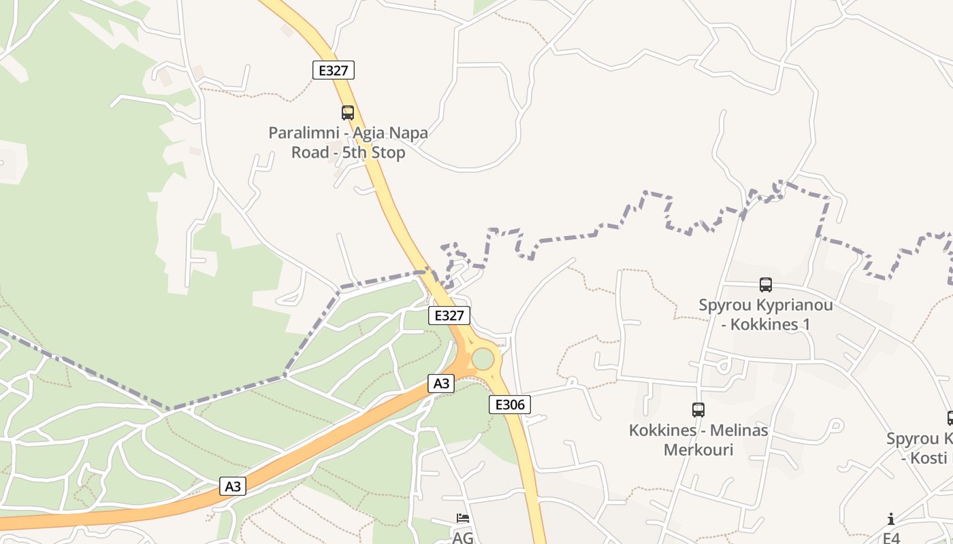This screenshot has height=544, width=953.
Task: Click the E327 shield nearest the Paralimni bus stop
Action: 334,70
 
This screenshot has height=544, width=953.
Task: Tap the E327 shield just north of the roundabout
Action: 449,316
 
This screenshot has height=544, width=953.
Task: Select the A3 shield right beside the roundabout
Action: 442,384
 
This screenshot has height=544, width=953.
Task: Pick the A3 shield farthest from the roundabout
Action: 233,486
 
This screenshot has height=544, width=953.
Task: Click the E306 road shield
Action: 510,405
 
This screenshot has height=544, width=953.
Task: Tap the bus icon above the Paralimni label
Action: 348,113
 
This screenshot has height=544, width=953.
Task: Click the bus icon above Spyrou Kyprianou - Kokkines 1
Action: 766,285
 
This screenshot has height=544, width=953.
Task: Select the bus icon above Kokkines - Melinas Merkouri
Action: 698,410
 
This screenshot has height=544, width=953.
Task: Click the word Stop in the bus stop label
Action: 389,152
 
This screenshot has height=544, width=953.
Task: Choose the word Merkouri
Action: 698,449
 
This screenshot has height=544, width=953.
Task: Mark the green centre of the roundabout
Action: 483,358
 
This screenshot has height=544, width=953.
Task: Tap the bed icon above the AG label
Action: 463,518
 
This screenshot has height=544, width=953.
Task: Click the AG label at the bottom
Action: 463,537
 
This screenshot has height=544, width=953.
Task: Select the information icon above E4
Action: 891,520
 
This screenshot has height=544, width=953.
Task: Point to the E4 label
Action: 891,538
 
